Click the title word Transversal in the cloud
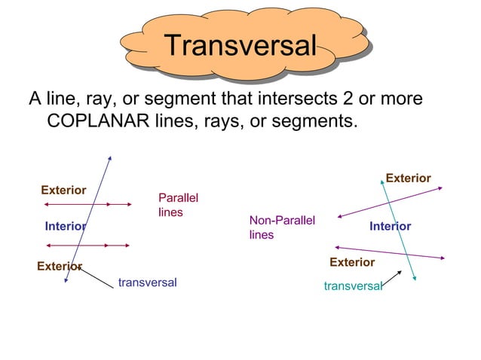pyautogui.click(x=240, y=45)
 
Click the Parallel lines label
pyautogui.click(x=178, y=205)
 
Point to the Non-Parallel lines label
pyautogui.click(x=282, y=227)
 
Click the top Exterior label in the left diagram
pyautogui.click(x=63, y=190)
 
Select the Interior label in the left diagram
pyautogui.click(x=65, y=226)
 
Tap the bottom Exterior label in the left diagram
pyautogui.click(x=59, y=266)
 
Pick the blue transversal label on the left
pyautogui.click(x=148, y=282)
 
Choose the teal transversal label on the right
pyautogui.click(x=353, y=286)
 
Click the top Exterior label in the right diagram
pyautogui.click(x=408, y=178)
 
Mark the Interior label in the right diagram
pyautogui.click(x=390, y=226)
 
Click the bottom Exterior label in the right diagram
pyautogui.click(x=352, y=262)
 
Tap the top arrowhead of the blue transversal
pyautogui.click(x=110, y=158)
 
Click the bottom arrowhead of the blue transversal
pyautogui.click(x=66, y=280)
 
